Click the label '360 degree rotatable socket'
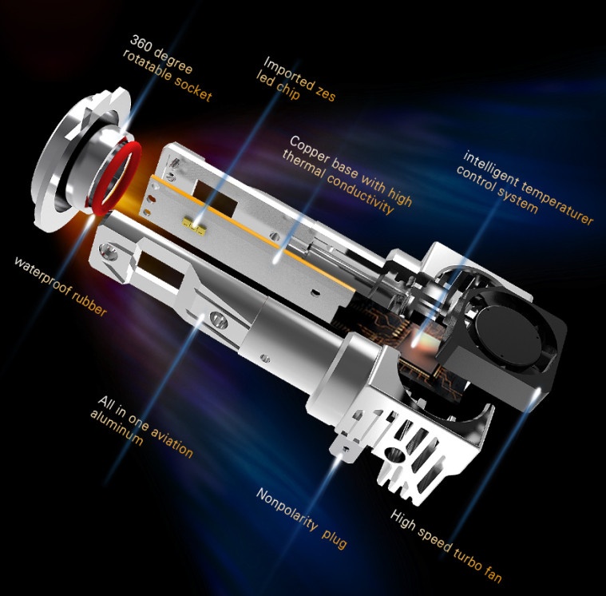(x=168, y=69)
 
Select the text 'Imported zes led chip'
(x=296, y=79)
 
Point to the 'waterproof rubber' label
(x=61, y=287)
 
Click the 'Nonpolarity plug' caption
(x=302, y=519)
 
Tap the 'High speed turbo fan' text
(x=446, y=546)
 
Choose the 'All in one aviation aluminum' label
(x=141, y=427)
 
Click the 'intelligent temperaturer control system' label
(x=525, y=188)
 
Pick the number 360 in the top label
(x=140, y=43)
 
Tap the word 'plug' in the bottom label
(x=335, y=538)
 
